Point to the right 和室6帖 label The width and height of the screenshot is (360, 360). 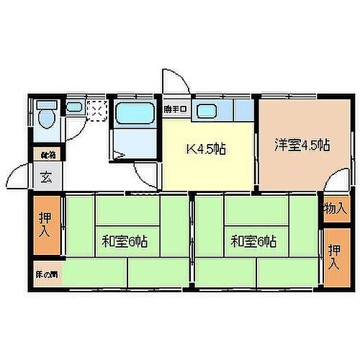click(x=253, y=241)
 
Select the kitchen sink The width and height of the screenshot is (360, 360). click(x=209, y=111)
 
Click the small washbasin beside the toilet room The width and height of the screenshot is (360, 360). click(x=74, y=108)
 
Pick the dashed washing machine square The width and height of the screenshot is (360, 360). click(x=96, y=109)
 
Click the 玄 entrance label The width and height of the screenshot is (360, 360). click(x=45, y=175)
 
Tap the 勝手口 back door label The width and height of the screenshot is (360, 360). click(x=175, y=109)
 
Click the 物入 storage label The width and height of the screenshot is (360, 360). click(x=333, y=209)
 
